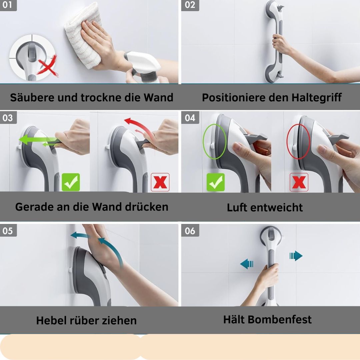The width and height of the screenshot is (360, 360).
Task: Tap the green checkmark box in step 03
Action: click(x=71, y=182)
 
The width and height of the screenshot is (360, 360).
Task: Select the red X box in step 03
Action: click(x=160, y=182)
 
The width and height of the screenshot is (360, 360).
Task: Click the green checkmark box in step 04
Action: click(x=216, y=182)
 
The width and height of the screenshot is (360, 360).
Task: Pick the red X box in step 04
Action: click(x=299, y=182)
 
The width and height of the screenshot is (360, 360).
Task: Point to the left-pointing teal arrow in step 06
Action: click(x=247, y=264)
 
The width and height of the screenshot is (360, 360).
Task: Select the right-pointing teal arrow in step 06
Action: click(x=296, y=256)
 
